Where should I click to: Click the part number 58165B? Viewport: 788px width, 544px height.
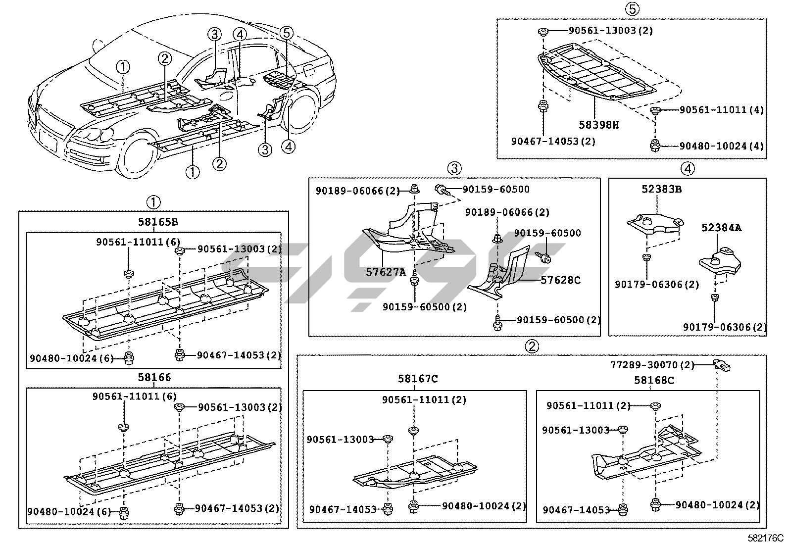pyautogui.click(x=153, y=222)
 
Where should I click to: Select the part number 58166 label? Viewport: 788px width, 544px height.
pyautogui.click(x=153, y=378)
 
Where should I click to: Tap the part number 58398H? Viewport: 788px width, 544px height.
pyautogui.click(x=598, y=125)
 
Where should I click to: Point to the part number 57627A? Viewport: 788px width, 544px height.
pyautogui.click(x=386, y=272)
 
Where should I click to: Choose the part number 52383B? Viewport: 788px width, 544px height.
pyautogui.click(x=661, y=189)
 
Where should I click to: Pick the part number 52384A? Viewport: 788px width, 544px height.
pyautogui.click(x=721, y=228)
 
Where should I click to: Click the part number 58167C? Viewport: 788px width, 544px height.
pyautogui.click(x=418, y=379)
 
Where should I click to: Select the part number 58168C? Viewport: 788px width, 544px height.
pyautogui.click(x=654, y=381)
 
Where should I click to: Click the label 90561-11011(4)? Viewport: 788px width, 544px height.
pyautogui.click(x=721, y=110)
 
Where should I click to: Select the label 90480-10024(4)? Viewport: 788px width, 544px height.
pyautogui.click(x=721, y=146)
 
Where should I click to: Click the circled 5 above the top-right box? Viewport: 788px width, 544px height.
pyautogui.click(x=632, y=8)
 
